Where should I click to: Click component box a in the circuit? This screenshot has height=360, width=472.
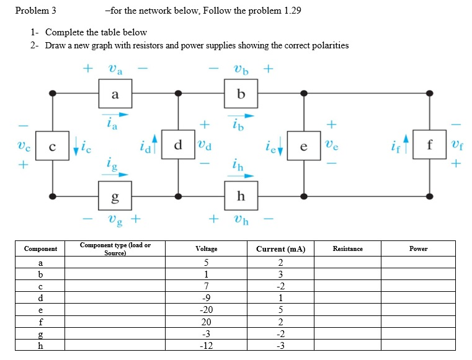click(x=115, y=94)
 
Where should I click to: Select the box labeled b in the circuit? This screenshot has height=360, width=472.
click(x=241, y=94)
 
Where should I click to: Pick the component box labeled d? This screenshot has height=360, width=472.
click(x=178, y=146)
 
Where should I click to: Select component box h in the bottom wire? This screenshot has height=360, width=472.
click(x=241, y=196)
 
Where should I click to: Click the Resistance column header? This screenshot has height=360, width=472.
click(x=347, y=248)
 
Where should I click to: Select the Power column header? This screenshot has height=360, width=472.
click(x=418, y=248)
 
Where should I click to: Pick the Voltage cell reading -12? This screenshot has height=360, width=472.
click(x=207, y=346)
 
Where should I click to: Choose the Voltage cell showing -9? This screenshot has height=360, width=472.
click(x=207, y=298)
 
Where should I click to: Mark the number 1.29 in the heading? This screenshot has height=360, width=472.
click(x=290, y=11)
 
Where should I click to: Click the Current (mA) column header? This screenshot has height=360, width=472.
click(x=280, y=248)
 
